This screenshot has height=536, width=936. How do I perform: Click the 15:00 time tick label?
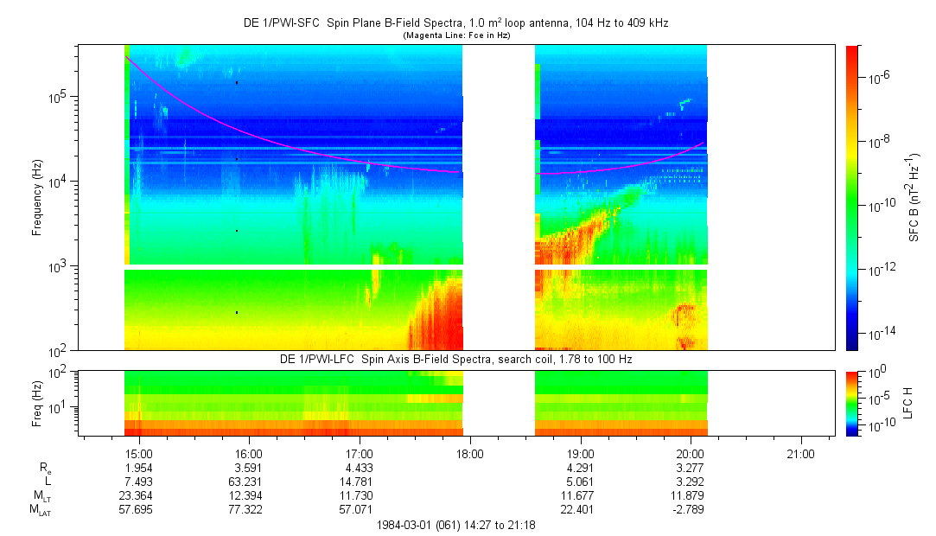click(139, 454)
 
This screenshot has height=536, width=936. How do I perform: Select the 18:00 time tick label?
click(470, 454)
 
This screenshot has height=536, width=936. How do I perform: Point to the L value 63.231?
click(249, 482)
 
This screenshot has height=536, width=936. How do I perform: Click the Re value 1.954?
click(139, 468)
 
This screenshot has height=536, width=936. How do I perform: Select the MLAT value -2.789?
click(691, 509)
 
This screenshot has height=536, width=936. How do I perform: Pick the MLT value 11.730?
click(360, 495)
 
